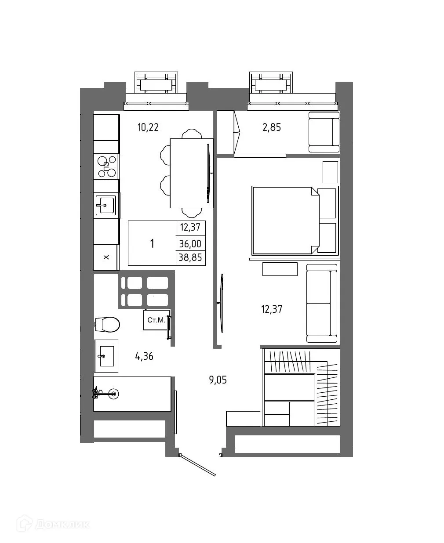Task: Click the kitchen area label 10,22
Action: [x=148, y=127]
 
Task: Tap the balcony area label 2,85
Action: [x=271, y=127]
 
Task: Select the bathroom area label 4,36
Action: [x=144, y=356]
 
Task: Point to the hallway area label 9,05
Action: [x=218, y=380]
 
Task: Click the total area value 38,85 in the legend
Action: [x=190, y=257]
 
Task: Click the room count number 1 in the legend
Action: [x=152, y=243]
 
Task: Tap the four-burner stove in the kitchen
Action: [x=106, y=167]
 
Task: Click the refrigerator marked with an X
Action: [x=106, y=257]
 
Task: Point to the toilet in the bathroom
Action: [x=108, y=325]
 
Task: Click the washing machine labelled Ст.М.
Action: [x=156, y=320]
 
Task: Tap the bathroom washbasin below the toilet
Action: [x=106, y=356]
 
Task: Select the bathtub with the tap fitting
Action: [x=132, y=394]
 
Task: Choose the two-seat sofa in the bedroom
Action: [x=321, y=303]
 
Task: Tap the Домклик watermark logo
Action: [x=53, y=524]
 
